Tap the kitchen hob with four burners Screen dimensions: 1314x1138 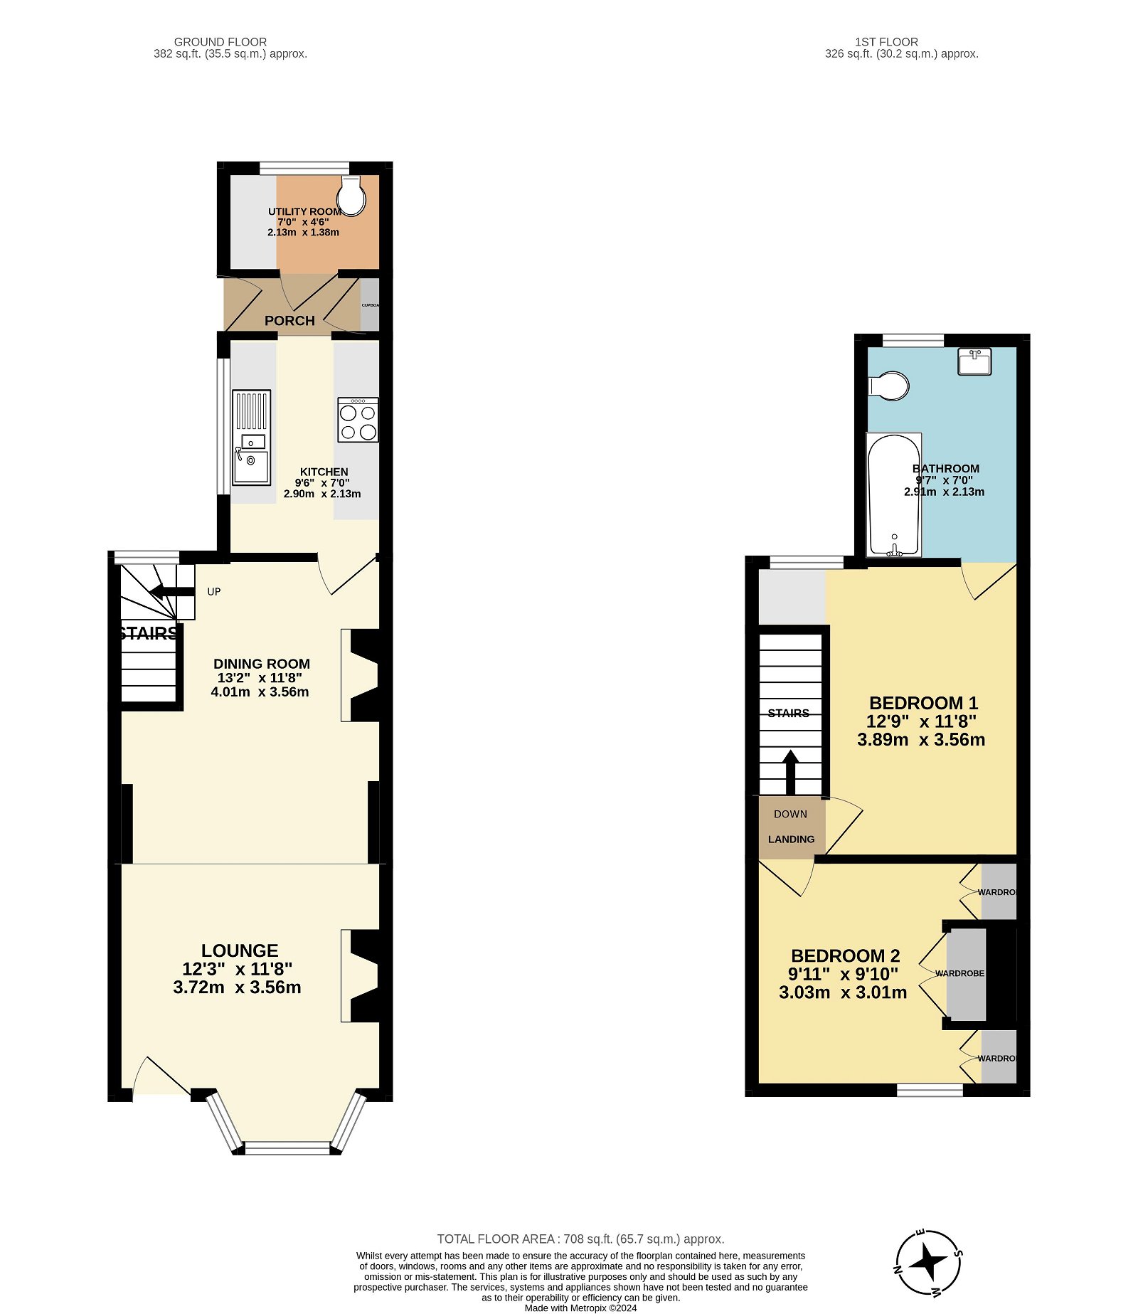pos(358,420)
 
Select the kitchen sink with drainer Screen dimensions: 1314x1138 pos(251,437)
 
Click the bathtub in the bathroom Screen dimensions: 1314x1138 pos(894,495)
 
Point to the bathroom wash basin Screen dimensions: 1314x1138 pos(974,361)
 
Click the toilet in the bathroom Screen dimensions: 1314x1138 pos(889,386)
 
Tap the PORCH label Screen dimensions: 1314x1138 pos(289,321)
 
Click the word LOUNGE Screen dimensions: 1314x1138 pos(240,950)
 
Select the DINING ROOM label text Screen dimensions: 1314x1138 pos(262,664)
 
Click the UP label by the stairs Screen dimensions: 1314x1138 pos(214,592)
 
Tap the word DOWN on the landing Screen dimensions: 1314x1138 pos(790,814)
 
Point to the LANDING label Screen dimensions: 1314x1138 pos(791,839)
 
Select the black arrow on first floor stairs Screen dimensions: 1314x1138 pos(790,772)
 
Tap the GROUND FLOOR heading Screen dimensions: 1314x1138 pos(220,42)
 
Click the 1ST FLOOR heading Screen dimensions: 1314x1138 pos(886,42)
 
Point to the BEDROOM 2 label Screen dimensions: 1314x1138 pos(845,955)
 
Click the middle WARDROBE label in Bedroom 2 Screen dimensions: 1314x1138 pos(959,973)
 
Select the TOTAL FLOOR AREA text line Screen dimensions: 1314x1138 pos(580,1239)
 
